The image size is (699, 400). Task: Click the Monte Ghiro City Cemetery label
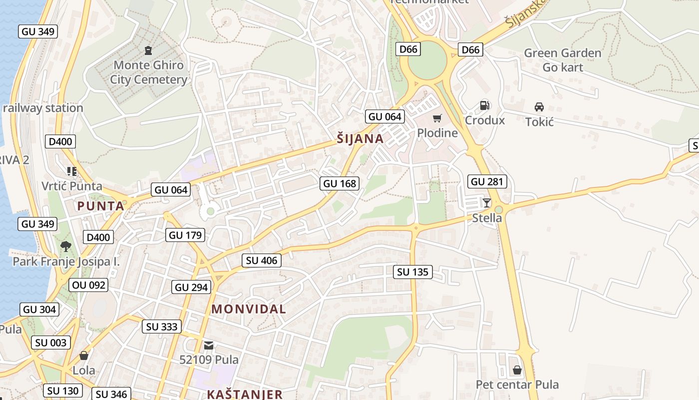[148, 72]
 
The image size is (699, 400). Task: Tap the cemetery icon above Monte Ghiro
[148, 50]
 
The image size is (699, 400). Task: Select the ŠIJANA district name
[360, 139]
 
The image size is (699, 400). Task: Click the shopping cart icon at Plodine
[437, 118]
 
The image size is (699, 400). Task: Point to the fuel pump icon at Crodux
[484, 105]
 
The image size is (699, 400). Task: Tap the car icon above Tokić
[539, 107]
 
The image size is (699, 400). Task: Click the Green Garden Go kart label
[563, 60]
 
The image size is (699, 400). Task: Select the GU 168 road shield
[340, 183]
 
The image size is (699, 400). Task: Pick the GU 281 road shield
[487, 181]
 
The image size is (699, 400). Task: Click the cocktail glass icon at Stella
[487, 202]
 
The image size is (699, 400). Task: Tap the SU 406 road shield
[262, 260]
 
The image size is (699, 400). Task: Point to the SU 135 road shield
[413, 272]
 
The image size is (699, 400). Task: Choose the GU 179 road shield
[185, 235]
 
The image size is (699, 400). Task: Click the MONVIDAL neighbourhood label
[249, 309]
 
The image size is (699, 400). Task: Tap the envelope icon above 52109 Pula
[209, 345]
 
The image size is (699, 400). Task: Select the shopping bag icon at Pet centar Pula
[517, 370]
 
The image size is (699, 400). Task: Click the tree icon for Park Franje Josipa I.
[65, 246]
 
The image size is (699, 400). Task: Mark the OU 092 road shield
[89, 285]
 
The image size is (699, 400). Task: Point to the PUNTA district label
[100, 206]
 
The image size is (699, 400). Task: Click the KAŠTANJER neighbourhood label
[245, 394]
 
